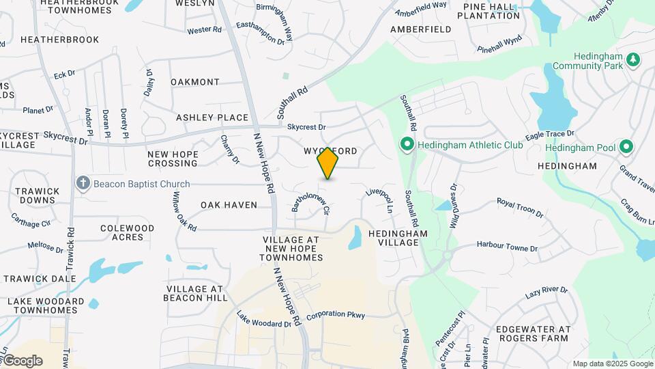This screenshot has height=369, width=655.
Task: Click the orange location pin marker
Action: pyautogui.click(x=328, y=163)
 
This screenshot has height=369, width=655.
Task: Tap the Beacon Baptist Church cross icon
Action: pyautogui.click(x=83, y=183)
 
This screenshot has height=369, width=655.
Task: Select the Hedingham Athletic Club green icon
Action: pyautogui.click(x=407, y=145)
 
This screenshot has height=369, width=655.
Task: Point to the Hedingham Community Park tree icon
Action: pyautogui.click(x=634, y=60)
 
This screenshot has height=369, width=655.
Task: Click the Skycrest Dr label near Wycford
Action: pyautogui.click(x=306, y=127)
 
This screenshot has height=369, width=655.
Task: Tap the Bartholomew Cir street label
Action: pyautogui.click(x=311, y=200)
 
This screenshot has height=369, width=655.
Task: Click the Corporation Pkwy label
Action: pyautogui.click(x=336, y=315)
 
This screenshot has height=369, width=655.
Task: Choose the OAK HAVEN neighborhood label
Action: pyautogui.click(x=229, y=205)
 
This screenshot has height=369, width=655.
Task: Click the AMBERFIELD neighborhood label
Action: pyautogui.click(x=421, y=29)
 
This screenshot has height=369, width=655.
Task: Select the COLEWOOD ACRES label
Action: pyautogui.click(x=128, y=232)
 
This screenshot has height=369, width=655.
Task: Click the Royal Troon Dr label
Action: pyautogui.click(x=520, y=208)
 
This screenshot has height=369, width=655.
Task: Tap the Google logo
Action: pyautogui.click(x=23, y=361)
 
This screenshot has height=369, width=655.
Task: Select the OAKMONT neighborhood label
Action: pyautogui.click(x=195, y=82)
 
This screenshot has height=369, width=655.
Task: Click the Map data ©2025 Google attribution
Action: pyautogui.click(x=612, y=364)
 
